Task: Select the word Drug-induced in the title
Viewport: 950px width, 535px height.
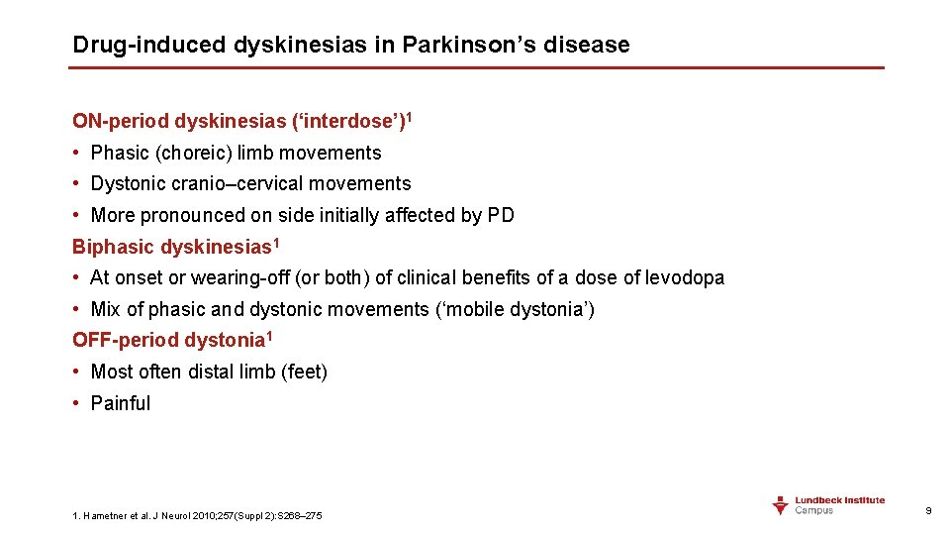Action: (x=150, y=45)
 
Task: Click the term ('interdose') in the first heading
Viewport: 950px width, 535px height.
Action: (x=347, y=122)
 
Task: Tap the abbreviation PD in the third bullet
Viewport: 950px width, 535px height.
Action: (x=501, y=215)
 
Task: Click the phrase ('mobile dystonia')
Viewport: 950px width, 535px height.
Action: (x=515, y=309)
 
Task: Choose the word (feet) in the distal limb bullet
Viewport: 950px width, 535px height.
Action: (x=304, y=372)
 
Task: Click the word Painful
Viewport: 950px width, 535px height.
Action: (x=121, y=403)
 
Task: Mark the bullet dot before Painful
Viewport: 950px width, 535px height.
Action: (x=77, y=403)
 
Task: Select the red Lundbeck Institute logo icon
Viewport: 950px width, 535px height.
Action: (x=781, y=505)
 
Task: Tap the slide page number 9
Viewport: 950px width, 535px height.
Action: (x=927, y=510)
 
